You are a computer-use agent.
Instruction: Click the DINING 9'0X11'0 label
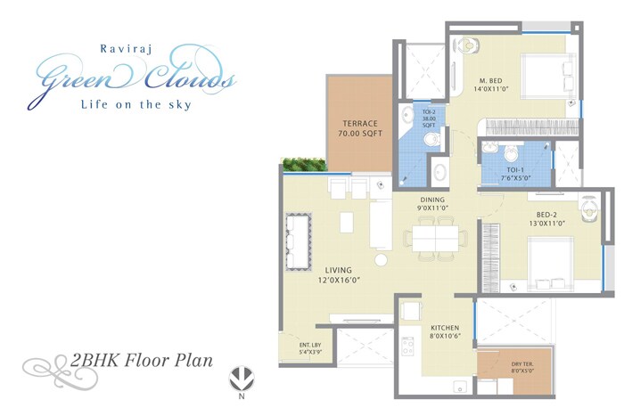(x=433, y=204)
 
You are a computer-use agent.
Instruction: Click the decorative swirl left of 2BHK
(x=45, y=365)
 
